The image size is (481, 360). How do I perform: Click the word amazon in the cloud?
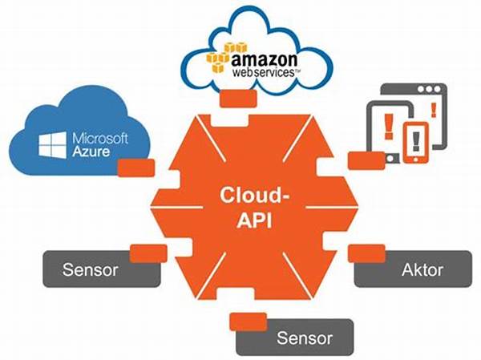[264, 59]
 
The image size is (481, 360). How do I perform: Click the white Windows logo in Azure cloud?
[52, 145]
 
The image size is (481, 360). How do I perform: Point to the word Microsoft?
[100, 139]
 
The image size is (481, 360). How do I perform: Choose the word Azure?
[91, 152]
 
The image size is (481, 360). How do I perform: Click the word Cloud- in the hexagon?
[255, 195]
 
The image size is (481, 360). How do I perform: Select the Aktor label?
[422, 269]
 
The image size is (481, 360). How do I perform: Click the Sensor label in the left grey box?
[90, 269]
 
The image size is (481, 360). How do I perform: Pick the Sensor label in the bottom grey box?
[305, 338]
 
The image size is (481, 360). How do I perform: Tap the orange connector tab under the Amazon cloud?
[238, 99]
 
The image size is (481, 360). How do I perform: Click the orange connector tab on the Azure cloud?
[136, 168]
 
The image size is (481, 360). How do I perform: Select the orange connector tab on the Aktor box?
[366, 253]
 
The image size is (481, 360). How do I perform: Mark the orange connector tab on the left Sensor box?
[148, 253]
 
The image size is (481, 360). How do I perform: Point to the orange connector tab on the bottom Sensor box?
[249, 322]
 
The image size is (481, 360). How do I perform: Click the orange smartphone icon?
[415, 143]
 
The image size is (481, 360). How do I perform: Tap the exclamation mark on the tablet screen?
[389, 126]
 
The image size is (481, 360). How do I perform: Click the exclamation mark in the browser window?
[434, 110]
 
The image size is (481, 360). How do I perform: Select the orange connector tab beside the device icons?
[366, 160]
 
